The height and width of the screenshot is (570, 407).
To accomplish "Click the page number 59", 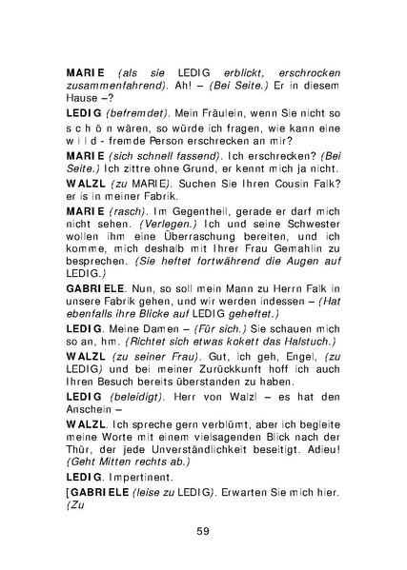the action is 203,530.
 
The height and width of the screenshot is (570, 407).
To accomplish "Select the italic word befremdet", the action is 140,111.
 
